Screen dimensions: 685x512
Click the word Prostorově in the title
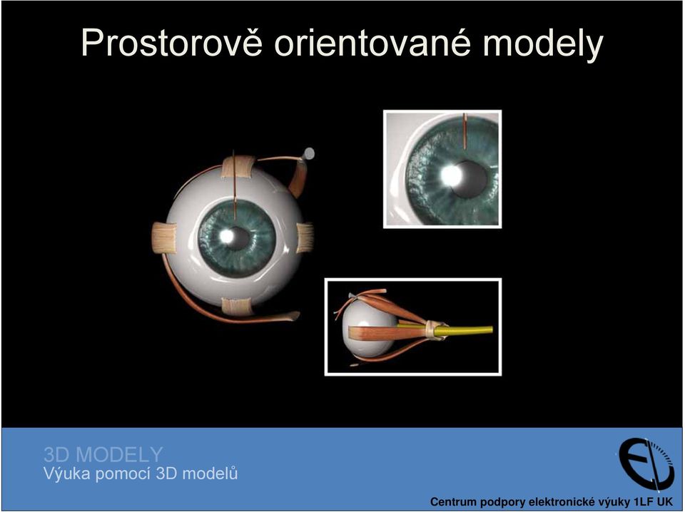(x=172, y=43)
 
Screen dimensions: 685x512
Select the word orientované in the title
(x=372, y=43)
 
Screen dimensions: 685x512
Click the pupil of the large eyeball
(x=238, y=237)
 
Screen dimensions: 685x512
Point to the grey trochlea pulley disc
(x=309, y=153)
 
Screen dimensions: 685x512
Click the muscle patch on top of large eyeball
(x=238, y=168)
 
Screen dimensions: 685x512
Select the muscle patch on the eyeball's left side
(x=164, y=238)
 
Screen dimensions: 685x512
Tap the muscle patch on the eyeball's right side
(x=305, y=238)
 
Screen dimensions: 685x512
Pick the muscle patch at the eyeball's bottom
(x=237, y=307)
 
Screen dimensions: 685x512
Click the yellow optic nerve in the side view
(x=463, y=330)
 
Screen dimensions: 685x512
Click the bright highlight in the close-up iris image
(x=451, y=175)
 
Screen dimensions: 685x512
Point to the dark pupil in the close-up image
(x=470, y=179)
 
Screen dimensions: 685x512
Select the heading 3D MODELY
(x=103, y=455)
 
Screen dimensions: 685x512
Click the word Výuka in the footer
(x=66, y=473)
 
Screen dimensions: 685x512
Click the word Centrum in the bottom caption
(x=452, y=502)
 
